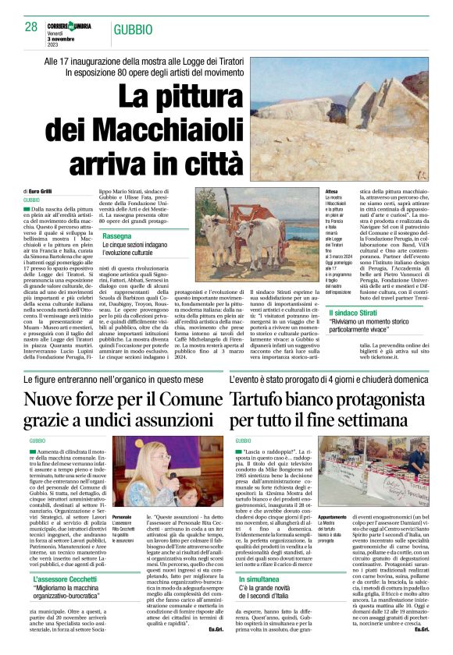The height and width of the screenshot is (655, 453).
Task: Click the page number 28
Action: point(31,27)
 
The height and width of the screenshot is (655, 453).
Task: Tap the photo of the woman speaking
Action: point(166,476)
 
